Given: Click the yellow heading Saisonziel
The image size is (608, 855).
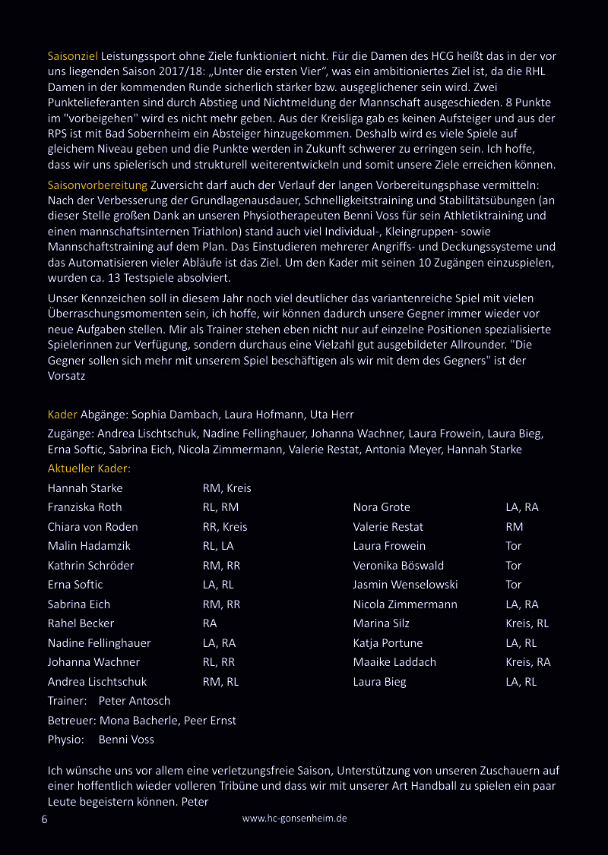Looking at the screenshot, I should click(x=72, y=56).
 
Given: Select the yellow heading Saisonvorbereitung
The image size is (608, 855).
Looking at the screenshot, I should click(x=97, y=185).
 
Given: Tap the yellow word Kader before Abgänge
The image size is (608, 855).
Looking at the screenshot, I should click(x=62, y=415).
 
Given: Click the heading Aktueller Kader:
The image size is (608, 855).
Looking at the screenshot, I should click(x=89, y=469).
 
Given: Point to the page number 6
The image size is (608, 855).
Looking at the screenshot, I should click(x=44, y=819).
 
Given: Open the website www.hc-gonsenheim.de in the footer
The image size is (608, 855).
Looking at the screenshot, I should click(x=294, y=819).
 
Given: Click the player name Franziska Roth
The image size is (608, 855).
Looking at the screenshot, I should click(x=84, y=507).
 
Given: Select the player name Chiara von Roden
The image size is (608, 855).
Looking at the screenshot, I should click(x=93, y=527).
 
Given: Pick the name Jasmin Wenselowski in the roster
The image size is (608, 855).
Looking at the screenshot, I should click(x=405, y=585).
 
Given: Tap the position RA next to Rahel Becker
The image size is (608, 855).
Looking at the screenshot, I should click(x=210, y=623).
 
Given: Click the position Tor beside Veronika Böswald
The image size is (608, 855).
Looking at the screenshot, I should click(x=514, y=566).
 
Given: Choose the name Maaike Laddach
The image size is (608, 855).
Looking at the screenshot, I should click(x=394, y=662).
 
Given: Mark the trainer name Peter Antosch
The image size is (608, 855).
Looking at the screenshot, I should click(x=135, y=701).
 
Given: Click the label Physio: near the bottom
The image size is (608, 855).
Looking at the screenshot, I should click(x=65, y=740).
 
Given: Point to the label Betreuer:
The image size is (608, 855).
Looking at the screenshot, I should click(x=71, y=721).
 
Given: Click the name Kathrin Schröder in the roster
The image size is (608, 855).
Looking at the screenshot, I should click(x=90, y=566).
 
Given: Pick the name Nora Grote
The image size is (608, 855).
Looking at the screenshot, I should click(x=382, y=507).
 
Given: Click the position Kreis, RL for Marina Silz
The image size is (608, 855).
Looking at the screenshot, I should click(x=527, y=623).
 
